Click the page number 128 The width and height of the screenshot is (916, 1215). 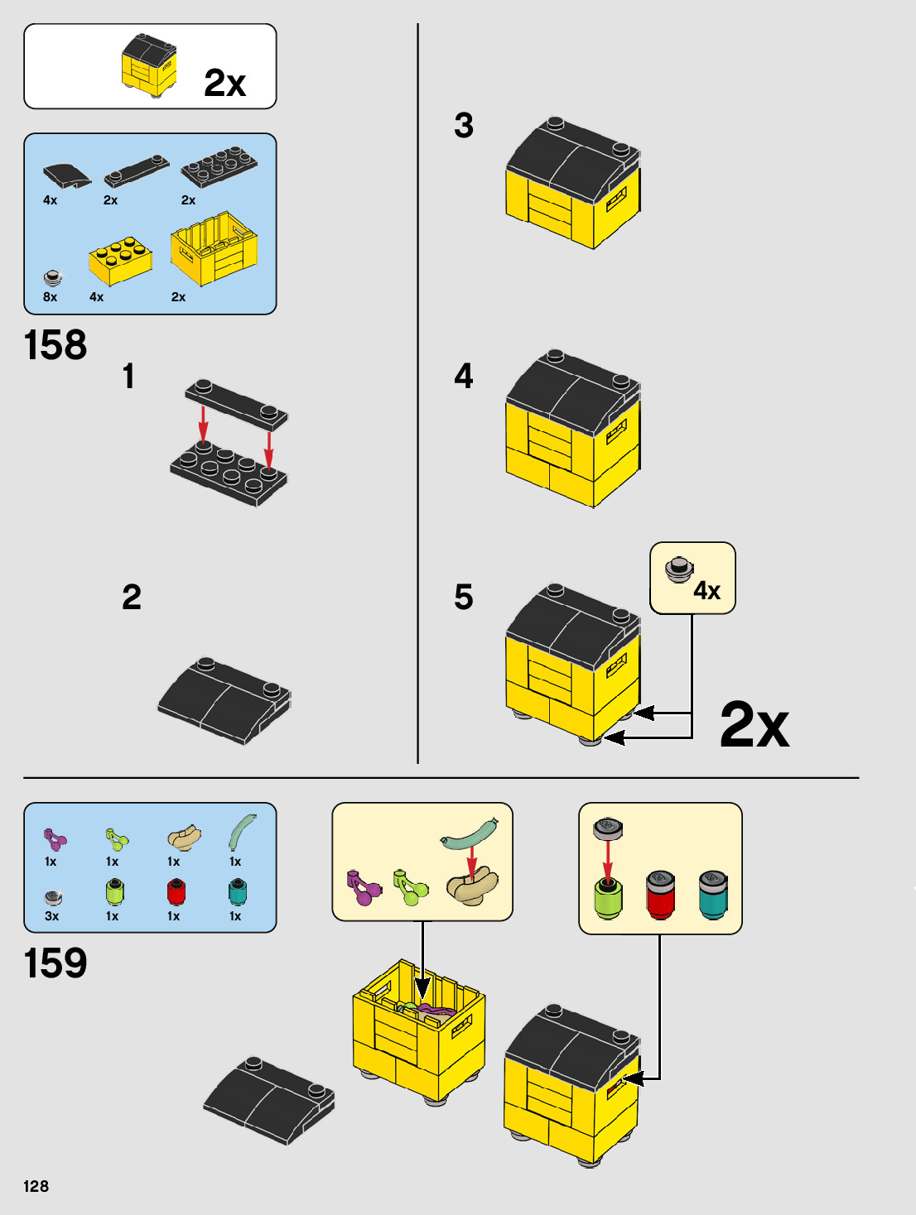click(36, 1186)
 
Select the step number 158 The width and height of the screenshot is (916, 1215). click(55, 345)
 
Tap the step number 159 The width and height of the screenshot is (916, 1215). click(55, 963)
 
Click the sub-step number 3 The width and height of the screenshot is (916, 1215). click(464, 125)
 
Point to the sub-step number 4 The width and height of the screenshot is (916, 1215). click(464, 376)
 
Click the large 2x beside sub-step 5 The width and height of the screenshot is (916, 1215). click(754, 724)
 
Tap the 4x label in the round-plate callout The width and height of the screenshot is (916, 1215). click(706, 591)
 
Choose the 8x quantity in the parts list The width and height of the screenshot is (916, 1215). click(50, 297)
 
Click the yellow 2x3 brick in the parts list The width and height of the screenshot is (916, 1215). click(120, 261)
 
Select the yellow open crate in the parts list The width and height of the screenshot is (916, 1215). click(215, 248)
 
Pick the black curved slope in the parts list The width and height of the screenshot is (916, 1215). click(67, 176)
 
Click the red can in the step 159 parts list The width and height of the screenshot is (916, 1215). click(176, 891)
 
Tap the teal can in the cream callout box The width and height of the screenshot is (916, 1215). click(713, 895)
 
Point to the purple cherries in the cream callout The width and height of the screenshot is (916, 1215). click(363, 888)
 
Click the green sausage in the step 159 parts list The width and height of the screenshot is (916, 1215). click(242, 832)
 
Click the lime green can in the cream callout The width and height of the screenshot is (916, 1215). click(608, 896)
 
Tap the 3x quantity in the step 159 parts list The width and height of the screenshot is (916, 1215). click(51, 916)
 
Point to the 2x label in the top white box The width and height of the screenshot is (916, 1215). click(224, 83)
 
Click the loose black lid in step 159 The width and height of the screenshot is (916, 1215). click(269, 1101)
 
